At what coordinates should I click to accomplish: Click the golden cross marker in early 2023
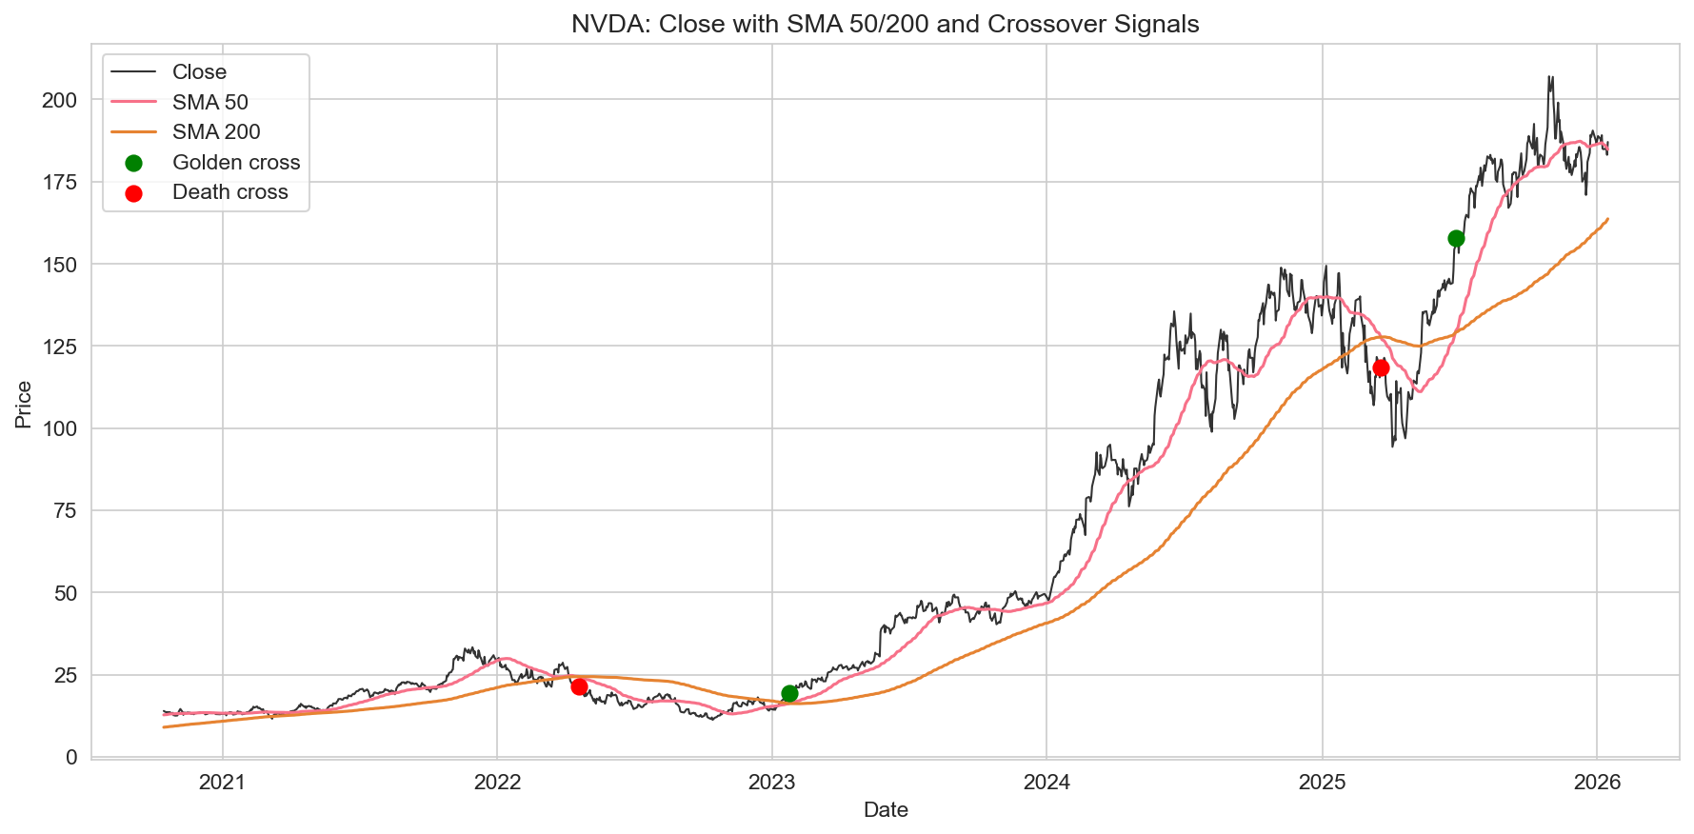789,693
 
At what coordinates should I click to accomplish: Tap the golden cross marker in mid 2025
1456,238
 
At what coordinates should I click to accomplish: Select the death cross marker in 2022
579,686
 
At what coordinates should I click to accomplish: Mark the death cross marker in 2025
1381,367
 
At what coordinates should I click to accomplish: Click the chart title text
885,24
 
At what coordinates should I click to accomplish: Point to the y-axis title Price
24,405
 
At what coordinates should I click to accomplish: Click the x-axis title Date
886,810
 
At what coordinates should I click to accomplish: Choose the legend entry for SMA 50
209,102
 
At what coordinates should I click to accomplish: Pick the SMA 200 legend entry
216,132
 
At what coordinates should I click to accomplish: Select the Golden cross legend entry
235,163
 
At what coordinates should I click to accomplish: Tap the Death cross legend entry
229,192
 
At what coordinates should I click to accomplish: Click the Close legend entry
199,72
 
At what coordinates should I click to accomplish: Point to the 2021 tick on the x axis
222,783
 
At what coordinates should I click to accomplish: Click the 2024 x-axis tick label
1046,783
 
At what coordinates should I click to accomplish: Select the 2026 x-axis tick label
1597,783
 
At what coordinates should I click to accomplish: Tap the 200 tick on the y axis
59,100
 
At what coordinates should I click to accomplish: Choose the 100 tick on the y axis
59,428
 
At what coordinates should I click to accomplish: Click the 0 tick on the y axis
71,758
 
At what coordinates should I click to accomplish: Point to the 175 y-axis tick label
59,182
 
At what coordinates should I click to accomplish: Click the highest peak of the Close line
1551,77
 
